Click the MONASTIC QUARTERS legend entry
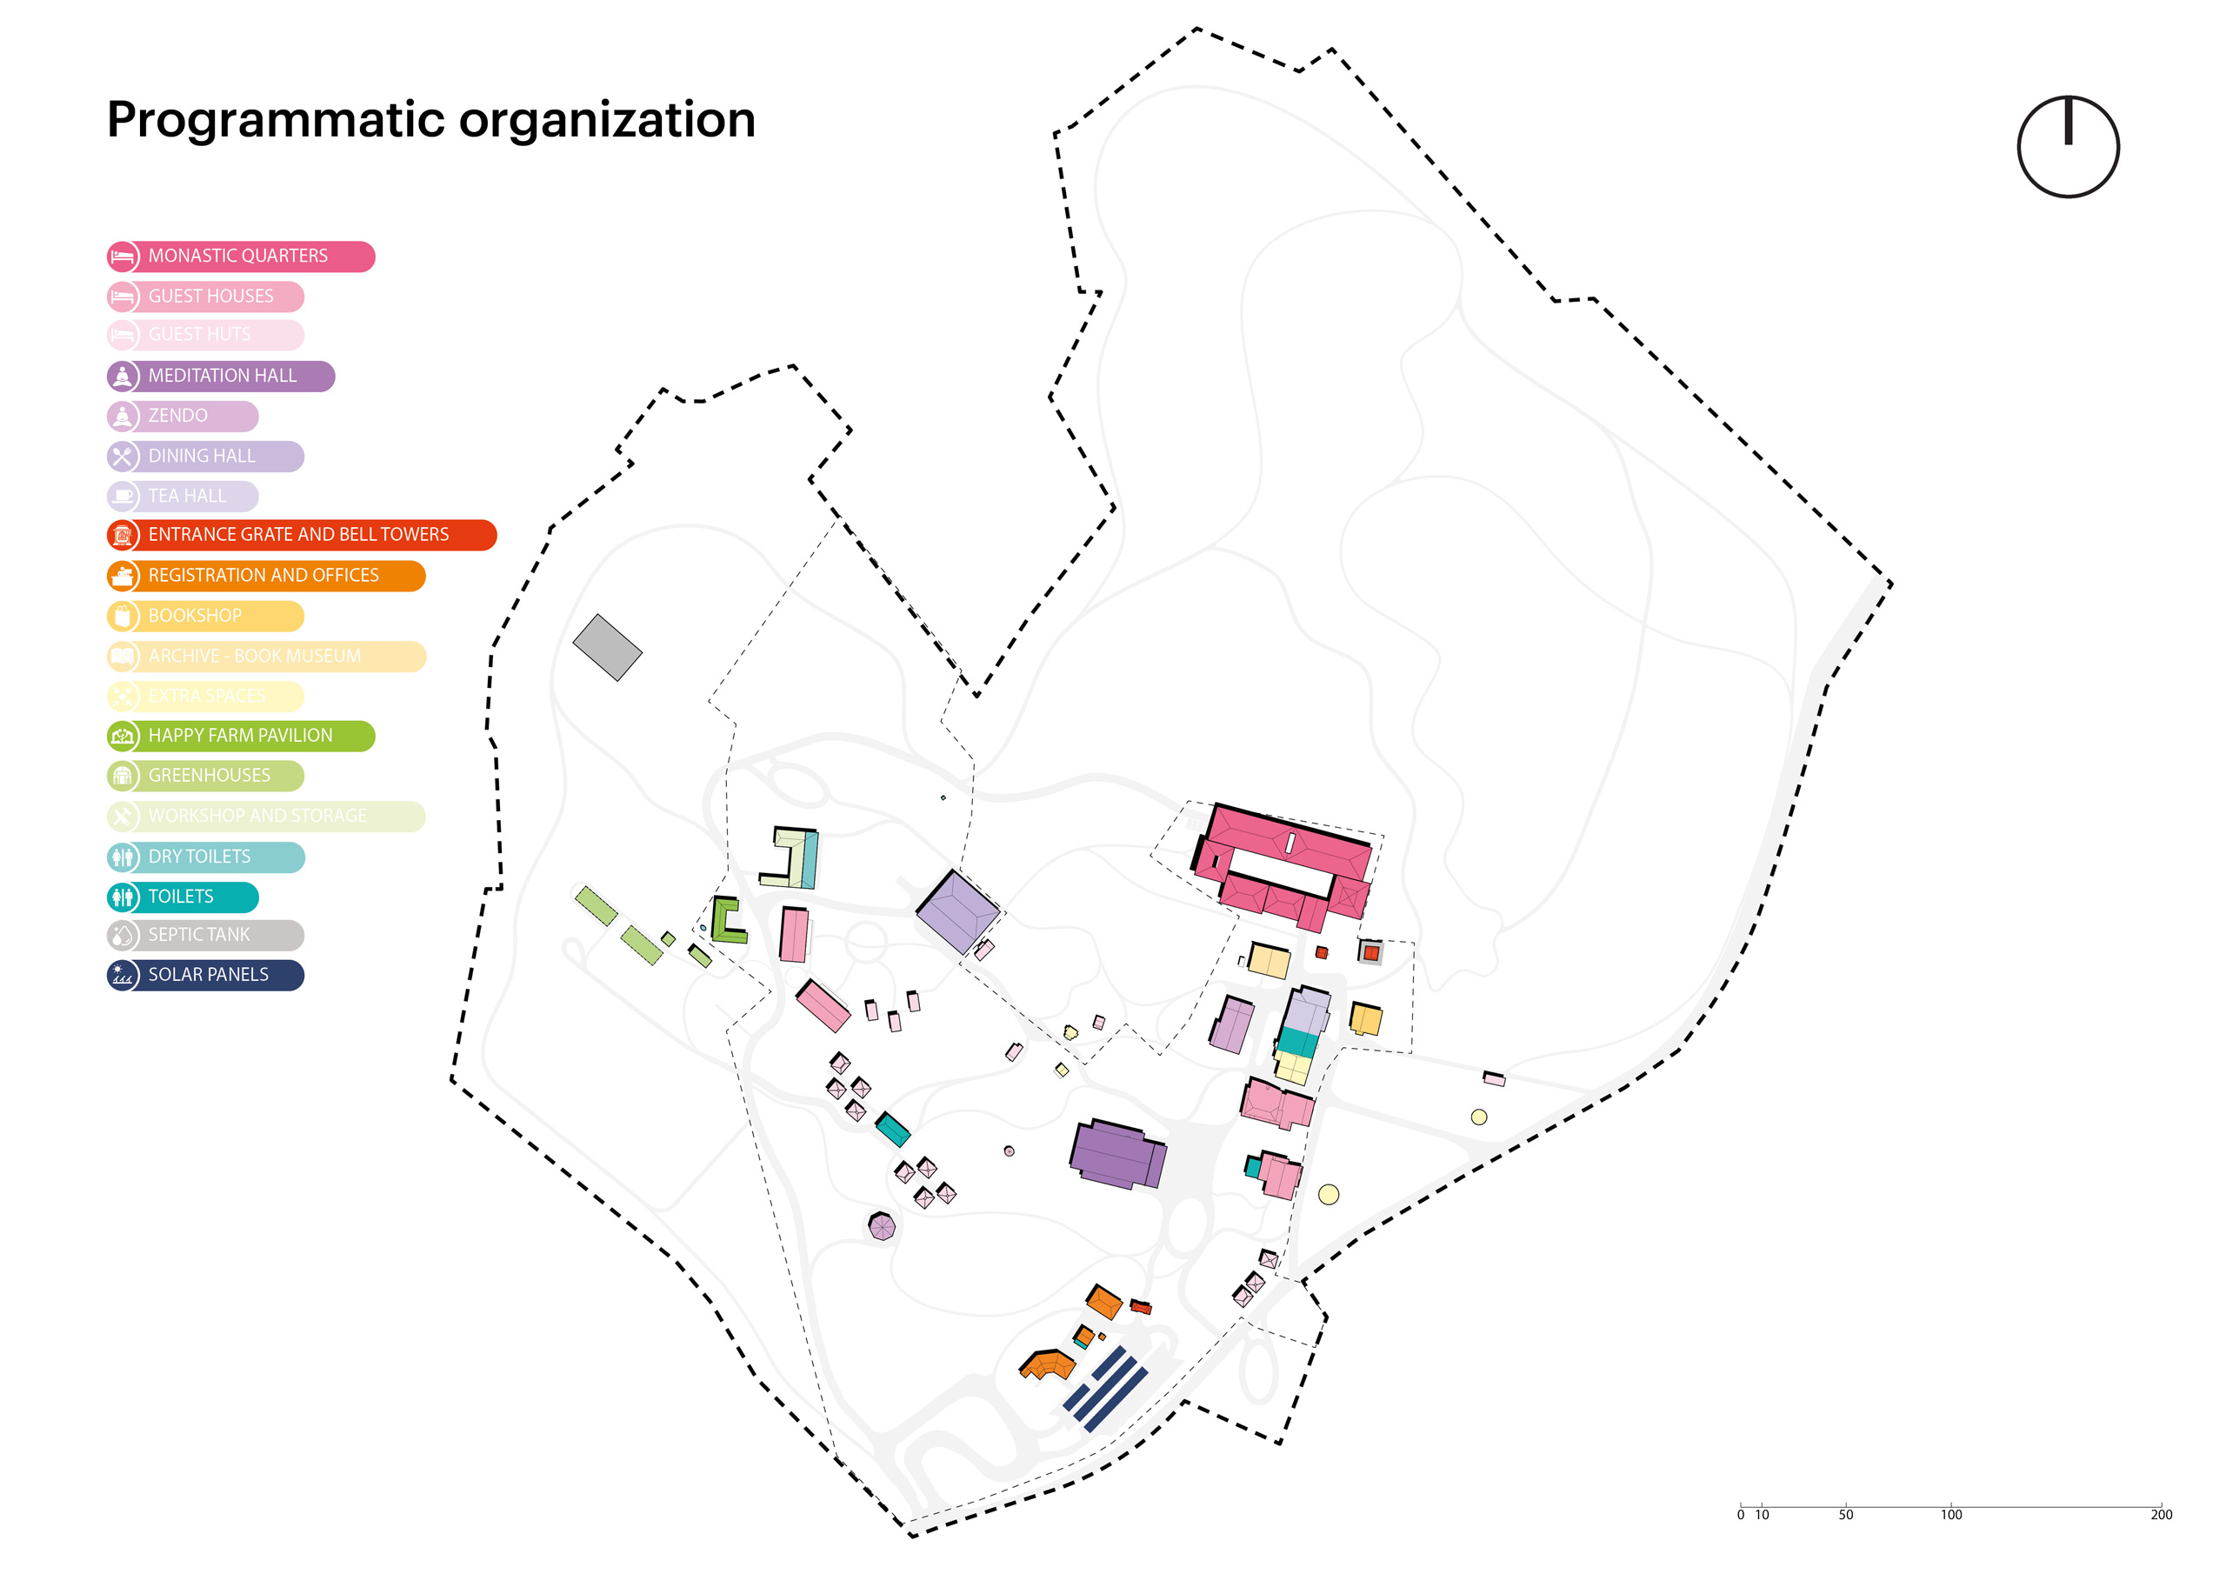(x=238, y=256)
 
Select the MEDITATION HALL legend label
(x=222, y=377)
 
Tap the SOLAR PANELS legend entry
(x=208, y=975)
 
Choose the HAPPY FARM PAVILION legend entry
(x=239, y=736)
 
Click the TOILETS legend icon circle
(x=122, y=897)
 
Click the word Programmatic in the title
(x=275, y=120)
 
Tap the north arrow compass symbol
(x=2067, y=146)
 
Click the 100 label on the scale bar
(x=1950, y=1515)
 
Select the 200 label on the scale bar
(x=2161, y=1515)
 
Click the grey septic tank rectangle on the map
(x=607, y=647)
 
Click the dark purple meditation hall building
(x=1116, y=1153)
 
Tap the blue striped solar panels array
(x=1105, y=1388)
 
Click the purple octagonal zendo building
(x=882, y=1227)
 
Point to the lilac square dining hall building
(x=956, y=911)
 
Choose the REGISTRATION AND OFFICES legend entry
(x=263, y=576)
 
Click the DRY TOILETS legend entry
(x=199, y=857)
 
